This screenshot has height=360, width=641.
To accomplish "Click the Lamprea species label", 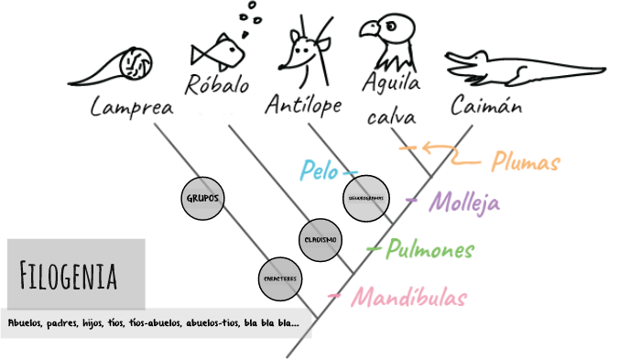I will click(133, 107).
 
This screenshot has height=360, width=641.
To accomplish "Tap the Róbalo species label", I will click(217, 86).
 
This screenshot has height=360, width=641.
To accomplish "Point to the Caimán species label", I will click(486, 106).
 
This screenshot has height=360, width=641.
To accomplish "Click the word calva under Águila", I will click(391, 118).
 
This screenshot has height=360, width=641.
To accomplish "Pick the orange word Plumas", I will click(526, 163).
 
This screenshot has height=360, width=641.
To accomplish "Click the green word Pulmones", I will click(429, 249).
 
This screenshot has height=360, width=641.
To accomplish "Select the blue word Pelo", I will click(320, 170).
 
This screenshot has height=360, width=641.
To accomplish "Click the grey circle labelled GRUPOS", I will click(203, 197).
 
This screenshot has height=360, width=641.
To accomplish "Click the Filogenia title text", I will click(68, 273).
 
